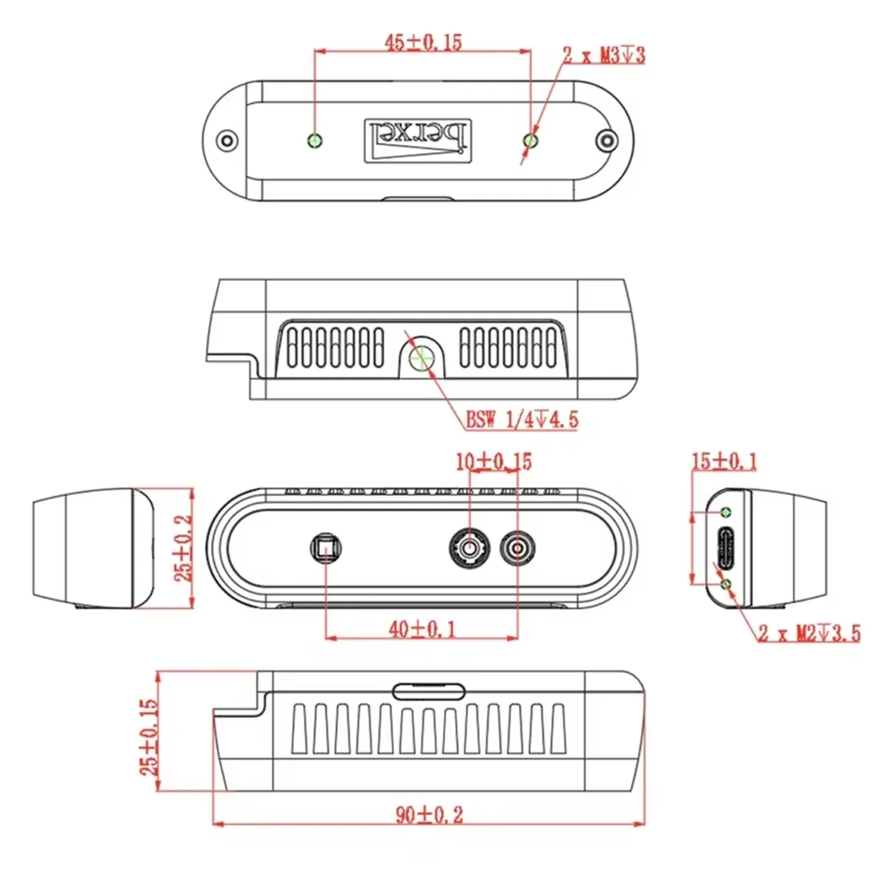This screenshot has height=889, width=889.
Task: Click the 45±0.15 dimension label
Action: point(422,42)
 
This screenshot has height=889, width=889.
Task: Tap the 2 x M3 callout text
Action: point(604,55)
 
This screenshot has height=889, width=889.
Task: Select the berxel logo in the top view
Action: point(419,139)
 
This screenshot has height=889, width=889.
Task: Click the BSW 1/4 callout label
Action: point(522,420)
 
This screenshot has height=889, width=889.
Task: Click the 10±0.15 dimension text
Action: point(493,462)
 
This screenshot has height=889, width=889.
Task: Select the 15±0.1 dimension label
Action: point(724,462)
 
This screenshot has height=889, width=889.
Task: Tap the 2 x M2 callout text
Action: point(809,633)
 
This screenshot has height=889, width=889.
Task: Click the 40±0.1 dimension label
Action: point(423,630)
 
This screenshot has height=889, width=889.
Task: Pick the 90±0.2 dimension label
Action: point(429,815)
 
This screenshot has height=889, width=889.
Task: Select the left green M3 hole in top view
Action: point(316,140)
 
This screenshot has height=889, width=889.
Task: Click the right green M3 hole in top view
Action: point(530,140)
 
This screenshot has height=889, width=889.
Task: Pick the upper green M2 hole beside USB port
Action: point(727,512)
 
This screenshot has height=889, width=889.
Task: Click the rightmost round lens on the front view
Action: point(517,549)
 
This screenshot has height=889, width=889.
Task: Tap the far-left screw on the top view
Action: point(225,140)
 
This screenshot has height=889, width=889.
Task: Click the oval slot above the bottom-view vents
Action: point(429,692)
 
